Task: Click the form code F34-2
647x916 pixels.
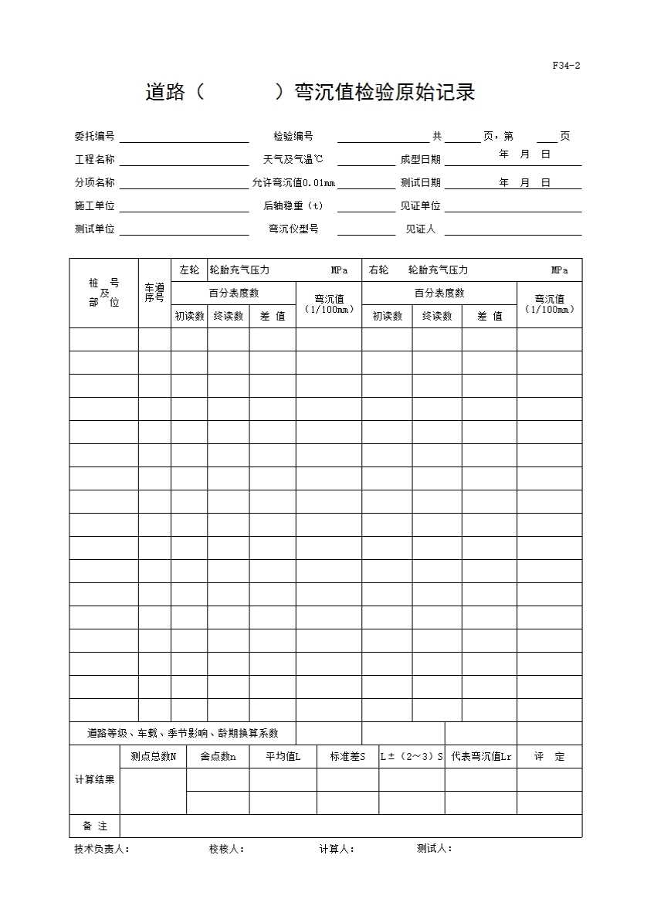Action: [566, 66]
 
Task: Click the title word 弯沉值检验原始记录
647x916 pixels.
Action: [384, 93]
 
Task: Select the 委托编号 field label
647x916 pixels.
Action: [94, 137]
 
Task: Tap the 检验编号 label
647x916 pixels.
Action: [293, 137]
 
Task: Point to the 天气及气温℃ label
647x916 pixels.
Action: [293, 160]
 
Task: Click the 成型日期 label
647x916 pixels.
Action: [420, 160]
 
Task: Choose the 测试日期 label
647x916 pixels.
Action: [420, 183]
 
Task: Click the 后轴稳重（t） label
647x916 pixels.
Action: [293, 206]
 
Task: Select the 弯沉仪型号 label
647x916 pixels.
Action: [293, 229]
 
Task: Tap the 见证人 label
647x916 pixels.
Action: [420, 229]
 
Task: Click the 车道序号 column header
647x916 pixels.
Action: [154, 293]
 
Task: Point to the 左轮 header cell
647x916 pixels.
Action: [189, 270]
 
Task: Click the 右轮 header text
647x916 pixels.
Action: [379, 270]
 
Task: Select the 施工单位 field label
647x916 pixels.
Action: [94, 206]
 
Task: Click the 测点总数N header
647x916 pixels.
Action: [153, 757]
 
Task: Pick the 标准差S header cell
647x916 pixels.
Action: [347, 757]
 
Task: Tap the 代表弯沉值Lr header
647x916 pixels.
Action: [481, 757]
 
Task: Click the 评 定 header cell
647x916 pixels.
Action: [549, 757]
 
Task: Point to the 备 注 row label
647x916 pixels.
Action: [95, 826]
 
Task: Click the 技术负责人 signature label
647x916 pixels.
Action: [101, 849]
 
